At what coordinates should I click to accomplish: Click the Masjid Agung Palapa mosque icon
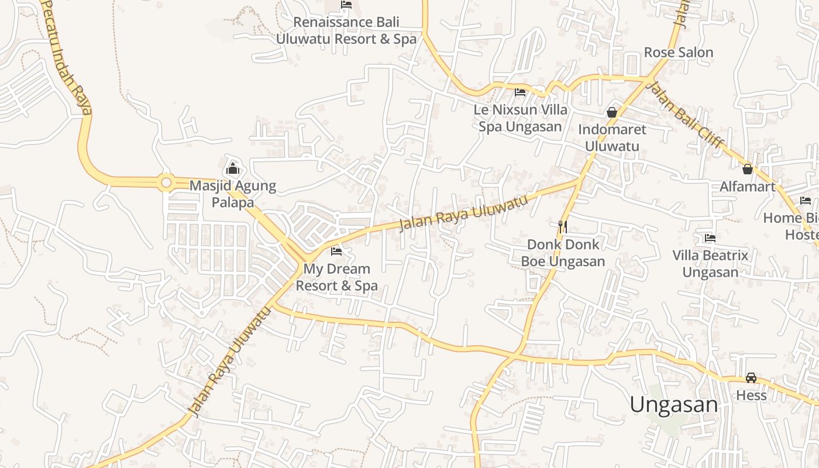click(233, 168)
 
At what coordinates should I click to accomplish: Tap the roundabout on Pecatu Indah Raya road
click(166, 183)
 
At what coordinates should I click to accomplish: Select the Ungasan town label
click(673, 405)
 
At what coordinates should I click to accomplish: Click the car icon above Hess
click(751, 378)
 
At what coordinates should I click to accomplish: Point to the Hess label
click(751, 395)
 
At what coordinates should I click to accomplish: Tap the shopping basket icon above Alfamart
click(748, 169)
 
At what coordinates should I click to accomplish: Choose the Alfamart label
click(748, 187)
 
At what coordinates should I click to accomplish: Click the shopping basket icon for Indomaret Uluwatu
click(612, 112)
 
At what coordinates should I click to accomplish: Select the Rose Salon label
click(679, 53)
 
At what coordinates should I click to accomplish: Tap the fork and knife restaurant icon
click(563, 226)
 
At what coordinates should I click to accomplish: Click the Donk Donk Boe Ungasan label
click(563, 253)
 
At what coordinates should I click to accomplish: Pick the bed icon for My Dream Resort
click(336, 252)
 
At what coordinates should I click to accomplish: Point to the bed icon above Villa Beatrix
click(710, 238)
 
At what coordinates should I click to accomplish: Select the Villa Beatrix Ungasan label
click(710, 264)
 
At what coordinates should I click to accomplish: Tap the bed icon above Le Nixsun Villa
click(520, 92)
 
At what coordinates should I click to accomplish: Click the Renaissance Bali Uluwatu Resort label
click(346, 30)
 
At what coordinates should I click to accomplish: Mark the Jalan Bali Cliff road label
click(687, 114)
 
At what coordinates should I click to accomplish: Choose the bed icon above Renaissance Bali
click(346, 5)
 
